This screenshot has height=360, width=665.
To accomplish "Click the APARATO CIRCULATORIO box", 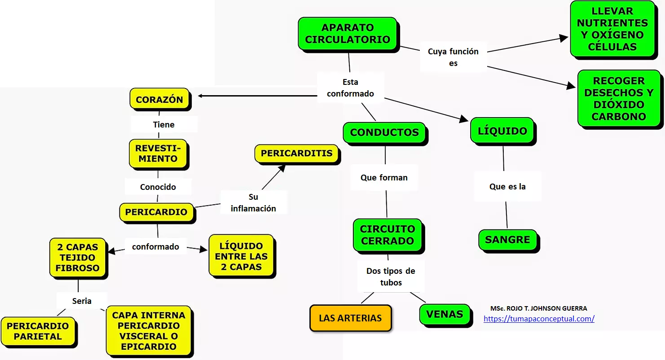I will tap(348, 33).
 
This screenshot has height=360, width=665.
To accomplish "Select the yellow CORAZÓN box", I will tap(159, 99).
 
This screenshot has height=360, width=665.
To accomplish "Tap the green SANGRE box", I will tap(507, 240).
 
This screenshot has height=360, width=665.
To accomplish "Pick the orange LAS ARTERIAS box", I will tap(350, 318).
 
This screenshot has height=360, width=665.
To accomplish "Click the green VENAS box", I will tap(445, 314).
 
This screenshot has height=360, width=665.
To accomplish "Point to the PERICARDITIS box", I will tap(297, 154).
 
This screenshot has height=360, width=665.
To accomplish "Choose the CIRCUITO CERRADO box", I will tap(387, 235).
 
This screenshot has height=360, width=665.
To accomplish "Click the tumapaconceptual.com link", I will tap(539, 319).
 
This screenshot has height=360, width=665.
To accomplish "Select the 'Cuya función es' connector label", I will tap(453, 57).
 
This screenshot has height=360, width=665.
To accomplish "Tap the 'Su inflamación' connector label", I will tap(253, 202).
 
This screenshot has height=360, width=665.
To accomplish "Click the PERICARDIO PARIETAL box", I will tap(38, 331).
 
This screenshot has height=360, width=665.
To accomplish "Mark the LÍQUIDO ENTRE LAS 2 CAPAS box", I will tap(241, 256).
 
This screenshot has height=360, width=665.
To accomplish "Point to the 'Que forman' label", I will tap(384, 178).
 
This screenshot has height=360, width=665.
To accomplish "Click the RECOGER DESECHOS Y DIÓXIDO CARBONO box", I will tap(619, 98).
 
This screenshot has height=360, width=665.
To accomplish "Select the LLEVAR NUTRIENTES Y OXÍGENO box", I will tap(612, 29).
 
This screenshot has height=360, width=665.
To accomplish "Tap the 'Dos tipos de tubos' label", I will tap(391, 277).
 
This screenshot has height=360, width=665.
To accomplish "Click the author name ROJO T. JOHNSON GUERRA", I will tap(539, 308).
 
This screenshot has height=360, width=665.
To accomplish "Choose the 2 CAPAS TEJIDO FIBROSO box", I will tap(77, 257).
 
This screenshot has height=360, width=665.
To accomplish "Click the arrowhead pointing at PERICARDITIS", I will tap(282, 168).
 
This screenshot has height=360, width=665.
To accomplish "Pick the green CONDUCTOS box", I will tap(384, 132).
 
